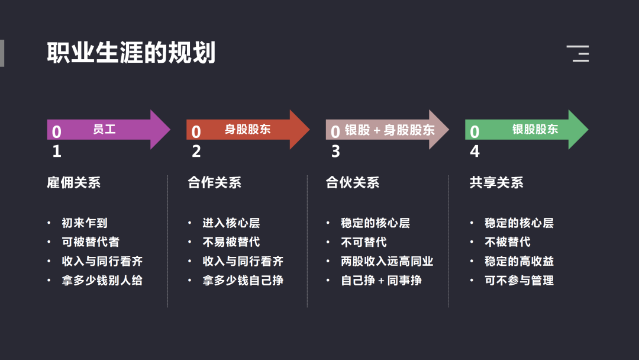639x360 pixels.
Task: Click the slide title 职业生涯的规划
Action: tap(131, 53)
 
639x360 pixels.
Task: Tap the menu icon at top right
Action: tap(578, 53)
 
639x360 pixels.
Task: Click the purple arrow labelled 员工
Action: tap(108, 130)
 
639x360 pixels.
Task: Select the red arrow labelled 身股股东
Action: tap(248, 130)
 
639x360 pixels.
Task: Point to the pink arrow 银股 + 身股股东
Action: tap(387, 130)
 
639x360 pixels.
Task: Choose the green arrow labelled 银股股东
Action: tap(527, 130)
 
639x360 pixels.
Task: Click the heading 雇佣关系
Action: tap(74, 182)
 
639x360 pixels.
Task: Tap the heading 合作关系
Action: tap(214, 182)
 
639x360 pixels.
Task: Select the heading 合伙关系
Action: tap(353, 182)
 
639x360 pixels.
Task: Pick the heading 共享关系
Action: tap(496, 182)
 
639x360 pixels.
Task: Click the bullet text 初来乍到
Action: tap(85, 223)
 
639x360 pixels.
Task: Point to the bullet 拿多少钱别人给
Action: tap(102, 281)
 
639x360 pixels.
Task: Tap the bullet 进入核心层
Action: tap(231, 223)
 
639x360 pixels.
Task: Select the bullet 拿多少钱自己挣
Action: tap(243, 281)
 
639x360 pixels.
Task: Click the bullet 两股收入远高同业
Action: tap(387, 261)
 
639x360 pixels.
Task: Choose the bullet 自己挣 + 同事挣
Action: tap(381, 281)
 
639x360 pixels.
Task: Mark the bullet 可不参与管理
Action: tap(519, 281)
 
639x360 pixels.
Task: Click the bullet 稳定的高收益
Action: tap(519, 261)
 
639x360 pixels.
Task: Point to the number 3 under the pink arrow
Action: tap(335, 152)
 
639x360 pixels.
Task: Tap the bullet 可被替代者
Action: tap(91, 242)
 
